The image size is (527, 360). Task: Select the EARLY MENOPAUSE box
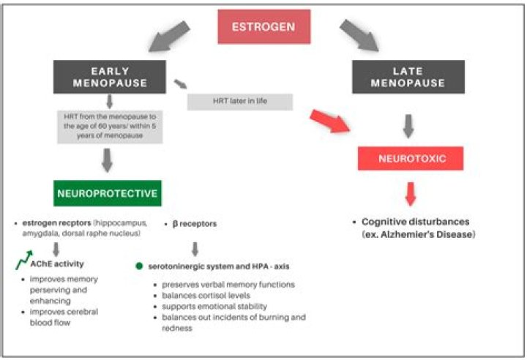point(111,77)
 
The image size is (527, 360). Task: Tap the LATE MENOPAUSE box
point(408,77)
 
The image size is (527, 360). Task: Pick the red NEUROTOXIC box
point(410,158)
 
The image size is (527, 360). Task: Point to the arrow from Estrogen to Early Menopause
point(169,37)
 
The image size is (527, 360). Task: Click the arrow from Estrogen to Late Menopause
point(359,36)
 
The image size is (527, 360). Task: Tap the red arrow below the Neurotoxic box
point(411,194)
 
